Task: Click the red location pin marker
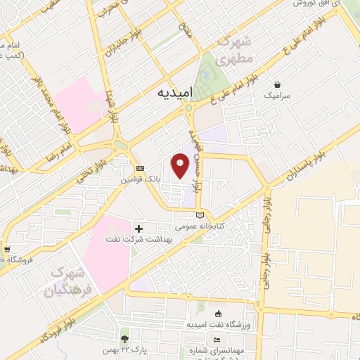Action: point(180,166)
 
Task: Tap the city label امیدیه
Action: point(172,93)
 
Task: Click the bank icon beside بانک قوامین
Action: point(140,169)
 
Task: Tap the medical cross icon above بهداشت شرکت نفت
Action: point(139,229)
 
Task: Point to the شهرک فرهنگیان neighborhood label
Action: point(69,280)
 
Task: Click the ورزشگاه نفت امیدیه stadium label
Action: point(218,325)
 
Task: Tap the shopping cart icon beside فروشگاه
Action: point(6,249)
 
